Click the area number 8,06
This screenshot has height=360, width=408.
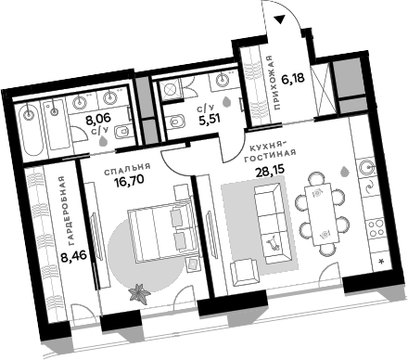coord(98,118)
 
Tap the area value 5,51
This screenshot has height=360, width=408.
coord(208,118)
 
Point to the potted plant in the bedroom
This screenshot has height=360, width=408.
coord(139,292)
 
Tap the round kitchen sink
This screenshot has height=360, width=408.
coord(366,169)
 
